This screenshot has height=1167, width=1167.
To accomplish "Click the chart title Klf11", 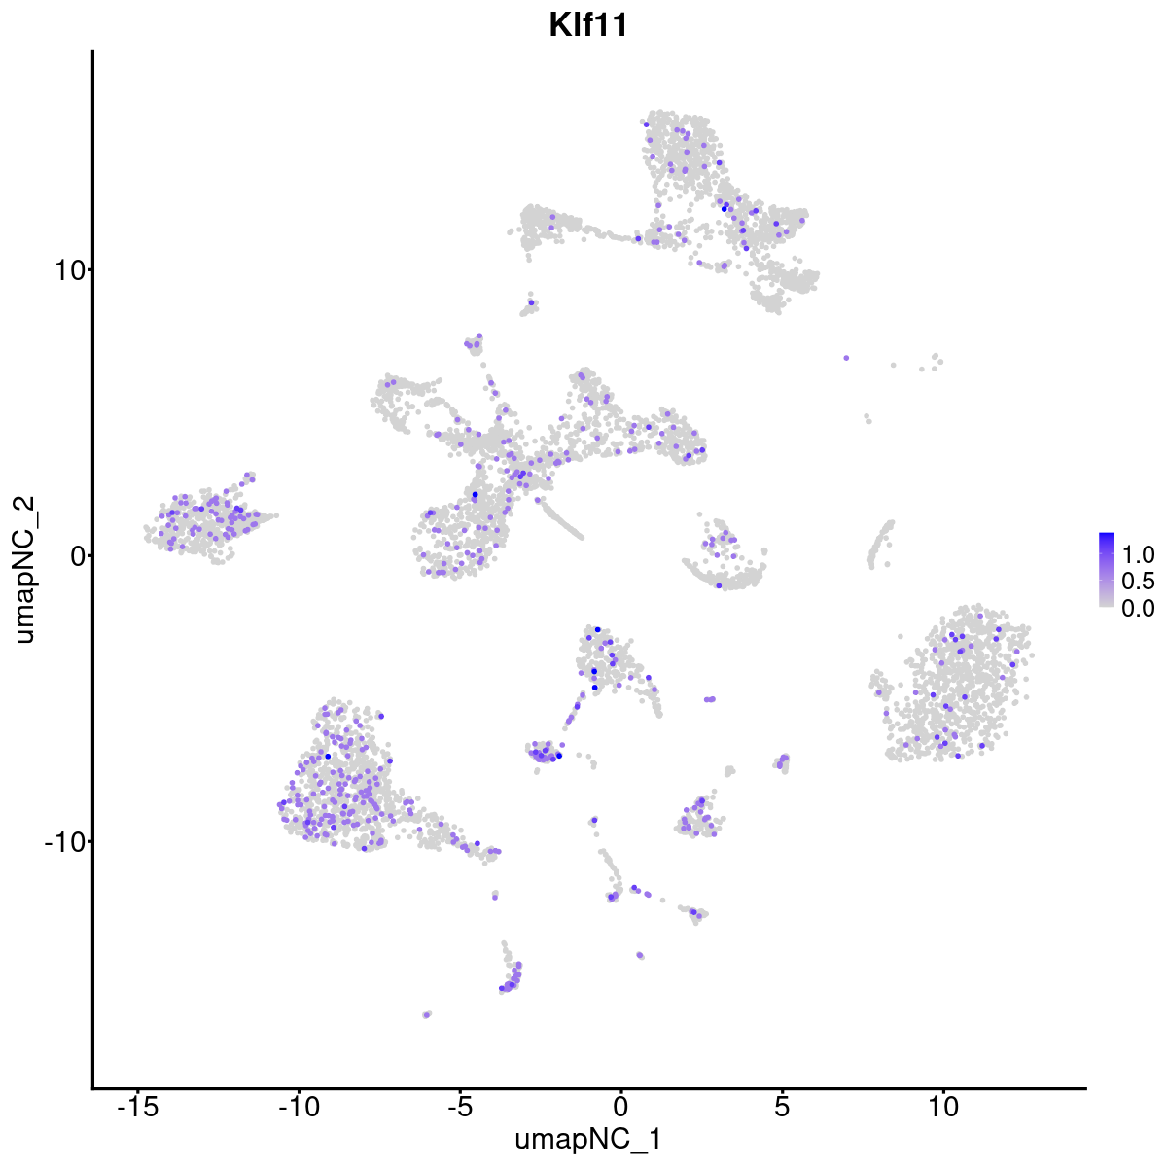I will click(588, 25).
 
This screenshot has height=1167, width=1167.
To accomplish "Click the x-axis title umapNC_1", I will click(588, 1139).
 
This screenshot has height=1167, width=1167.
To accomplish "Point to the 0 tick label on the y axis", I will click(74, 555).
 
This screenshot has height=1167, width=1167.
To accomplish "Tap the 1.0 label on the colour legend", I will click(1137, 555).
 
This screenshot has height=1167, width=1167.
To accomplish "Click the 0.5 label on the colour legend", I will click(1137, 582).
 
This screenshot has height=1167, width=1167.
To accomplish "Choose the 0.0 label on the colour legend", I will click(1137, 608).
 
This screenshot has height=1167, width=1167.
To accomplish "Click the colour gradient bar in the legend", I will click(1107, 570).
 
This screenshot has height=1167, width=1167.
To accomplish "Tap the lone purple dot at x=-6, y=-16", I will click(426, 1014).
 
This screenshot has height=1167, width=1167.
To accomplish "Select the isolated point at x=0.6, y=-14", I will click(639, 955).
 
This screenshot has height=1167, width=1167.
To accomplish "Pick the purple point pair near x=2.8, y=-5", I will click(710, 698).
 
